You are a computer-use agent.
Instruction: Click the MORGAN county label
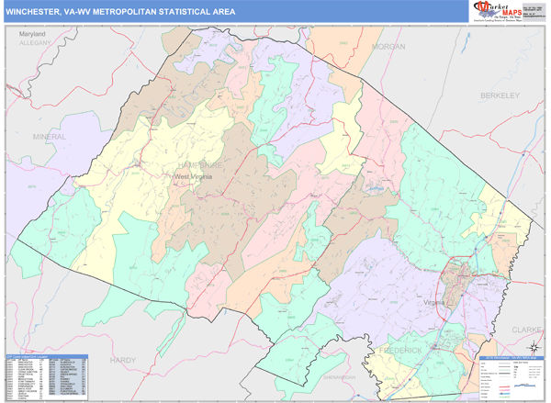pyautogui.click(x=388, y=45)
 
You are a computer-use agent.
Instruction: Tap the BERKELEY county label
pyautogui.click(x=500, y=95)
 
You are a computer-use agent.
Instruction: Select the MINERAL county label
pyautogui.click(x=50, y=136)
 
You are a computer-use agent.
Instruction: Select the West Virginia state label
pyautogui.click(x=198, y=176)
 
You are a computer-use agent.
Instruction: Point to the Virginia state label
pyautogui.click(x=435, y=301)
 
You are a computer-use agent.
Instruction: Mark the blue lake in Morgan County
pyautogui.click(x=374, y=190)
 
